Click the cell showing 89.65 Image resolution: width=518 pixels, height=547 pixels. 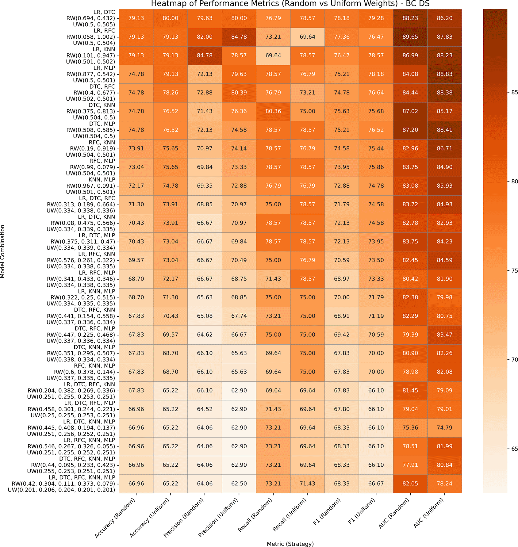(x=410, y=37)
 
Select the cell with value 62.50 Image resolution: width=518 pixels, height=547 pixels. (x=239, y=484)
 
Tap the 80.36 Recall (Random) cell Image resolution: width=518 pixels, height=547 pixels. (x=273, y=111)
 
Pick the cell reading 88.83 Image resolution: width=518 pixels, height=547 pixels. (x=444, y=74)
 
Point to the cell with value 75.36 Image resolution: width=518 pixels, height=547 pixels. (x=410, y=428)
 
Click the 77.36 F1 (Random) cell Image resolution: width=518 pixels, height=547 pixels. (x=342, y=37)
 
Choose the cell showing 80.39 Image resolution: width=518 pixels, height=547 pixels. (x=239, y=93)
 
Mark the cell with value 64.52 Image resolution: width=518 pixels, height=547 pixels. (x=205, y=409)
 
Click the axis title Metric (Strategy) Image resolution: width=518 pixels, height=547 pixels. (x=290, y=544)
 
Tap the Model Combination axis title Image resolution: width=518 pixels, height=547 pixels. (x=3, y=251)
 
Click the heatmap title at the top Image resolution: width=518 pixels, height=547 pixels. (x=290, y=4)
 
